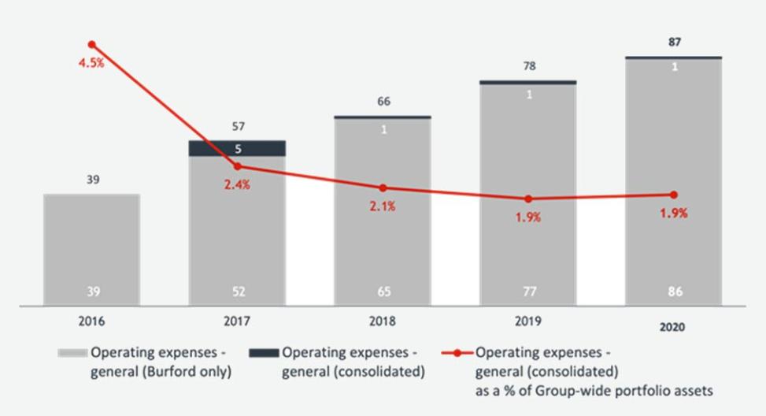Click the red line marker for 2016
(x=92, y=45)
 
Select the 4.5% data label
(x=91, y=63)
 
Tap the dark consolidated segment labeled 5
(x=238, y=148)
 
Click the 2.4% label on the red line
(x=237, y=185)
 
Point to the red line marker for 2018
(x=383, y=188)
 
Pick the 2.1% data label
(x=383, y=206)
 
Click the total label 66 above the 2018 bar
(x=383, y=102)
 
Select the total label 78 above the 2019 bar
(x=529, y=66)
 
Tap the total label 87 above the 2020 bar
(x=675, y=43)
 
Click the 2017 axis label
(x=238, y=322)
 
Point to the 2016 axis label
(x=92, y=322)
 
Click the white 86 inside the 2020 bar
(x=675, y=292)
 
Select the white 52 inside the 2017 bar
(x=238, y=292)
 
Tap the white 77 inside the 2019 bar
(x=529, y=292)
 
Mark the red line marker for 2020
(x=674, y=195)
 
